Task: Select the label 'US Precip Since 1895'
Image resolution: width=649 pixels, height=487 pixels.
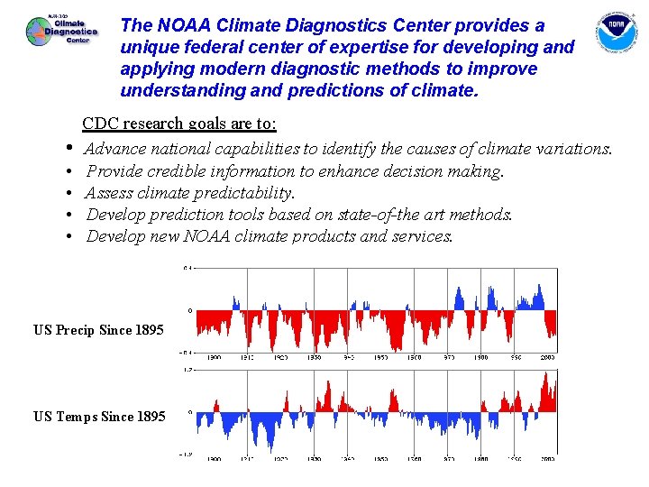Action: click(x=98, y=330)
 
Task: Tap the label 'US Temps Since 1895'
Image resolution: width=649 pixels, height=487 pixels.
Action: click(x=99, y=416)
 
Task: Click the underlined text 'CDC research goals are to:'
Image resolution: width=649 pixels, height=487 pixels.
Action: click(x=179, y=124)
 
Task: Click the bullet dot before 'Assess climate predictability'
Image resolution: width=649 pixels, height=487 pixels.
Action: click(x=69, y=193)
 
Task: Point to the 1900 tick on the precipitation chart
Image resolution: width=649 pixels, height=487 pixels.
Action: click(x=214, y=357)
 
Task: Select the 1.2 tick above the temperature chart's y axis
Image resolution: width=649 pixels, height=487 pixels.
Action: click(x=187, y=370)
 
